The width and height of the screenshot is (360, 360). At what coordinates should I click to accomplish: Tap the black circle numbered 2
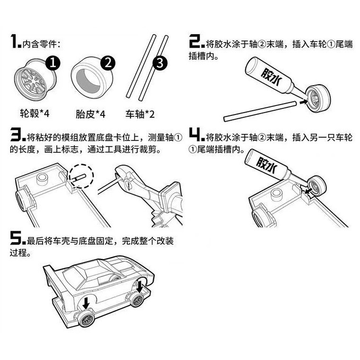pos(108,62)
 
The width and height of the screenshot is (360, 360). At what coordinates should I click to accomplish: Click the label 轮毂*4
pos(34,114)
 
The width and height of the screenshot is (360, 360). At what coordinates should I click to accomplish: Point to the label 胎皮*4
pos(90,114)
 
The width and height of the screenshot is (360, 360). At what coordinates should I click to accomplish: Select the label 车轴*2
pos(140,114)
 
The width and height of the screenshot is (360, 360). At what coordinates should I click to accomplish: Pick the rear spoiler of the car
pos(49,275)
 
